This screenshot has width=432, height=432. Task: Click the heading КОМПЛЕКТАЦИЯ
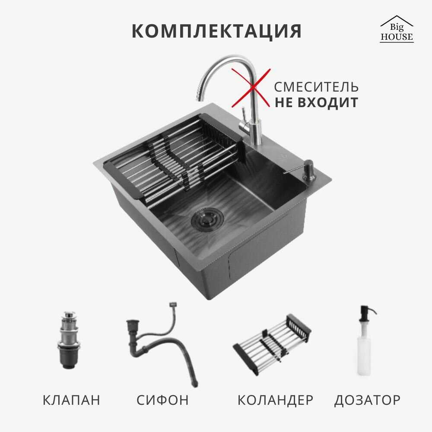(216, 31)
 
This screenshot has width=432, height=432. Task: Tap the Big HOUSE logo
(397, 29)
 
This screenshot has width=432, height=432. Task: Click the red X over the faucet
(251, 88)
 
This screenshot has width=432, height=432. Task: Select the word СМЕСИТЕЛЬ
(316, 87)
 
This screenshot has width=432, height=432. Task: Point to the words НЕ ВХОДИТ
(316, 102)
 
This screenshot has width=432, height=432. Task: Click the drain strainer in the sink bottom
(207, 219)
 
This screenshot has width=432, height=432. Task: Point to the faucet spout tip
(199, 97)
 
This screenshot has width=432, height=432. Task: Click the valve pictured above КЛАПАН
(69, 340)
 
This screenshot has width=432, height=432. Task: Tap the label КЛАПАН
(71, 400)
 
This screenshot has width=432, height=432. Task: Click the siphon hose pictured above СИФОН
(162, 345)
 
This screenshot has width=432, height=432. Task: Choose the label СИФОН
(162, 400)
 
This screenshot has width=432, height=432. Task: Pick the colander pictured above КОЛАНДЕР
(272, 345)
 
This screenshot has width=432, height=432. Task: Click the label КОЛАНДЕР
(275, 400)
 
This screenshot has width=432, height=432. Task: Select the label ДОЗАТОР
(367, 400)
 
